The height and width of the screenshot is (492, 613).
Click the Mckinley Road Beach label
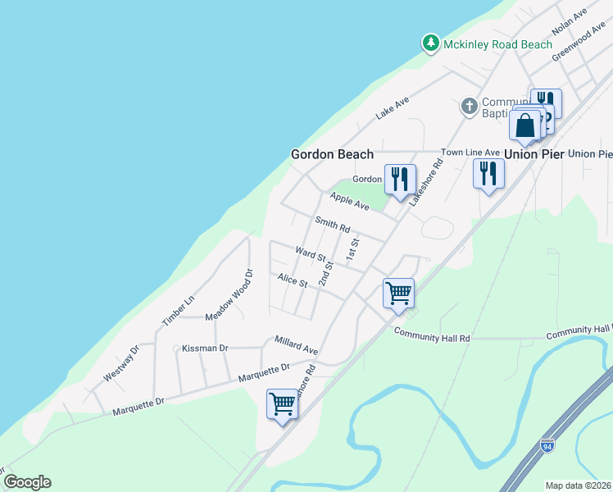click(497, 44)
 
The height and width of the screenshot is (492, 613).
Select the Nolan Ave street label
click(570, 22)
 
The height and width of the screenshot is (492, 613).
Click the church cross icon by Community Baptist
click(469, 106)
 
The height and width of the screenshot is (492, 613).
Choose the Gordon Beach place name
click(333, 154)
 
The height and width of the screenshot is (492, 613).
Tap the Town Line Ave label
click(470, 153)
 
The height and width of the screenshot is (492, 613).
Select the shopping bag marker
click(524, 126)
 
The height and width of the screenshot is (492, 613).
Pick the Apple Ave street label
click(350, 201)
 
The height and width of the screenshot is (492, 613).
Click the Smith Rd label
click(333, 224)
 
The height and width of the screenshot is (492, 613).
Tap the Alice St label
click(292, 281)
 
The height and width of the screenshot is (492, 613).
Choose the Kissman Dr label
click(205, 348)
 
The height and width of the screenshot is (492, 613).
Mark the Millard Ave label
click(296, 345)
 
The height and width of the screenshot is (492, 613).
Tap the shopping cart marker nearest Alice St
click(398, 293)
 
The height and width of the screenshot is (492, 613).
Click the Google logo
click(27, 482)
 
